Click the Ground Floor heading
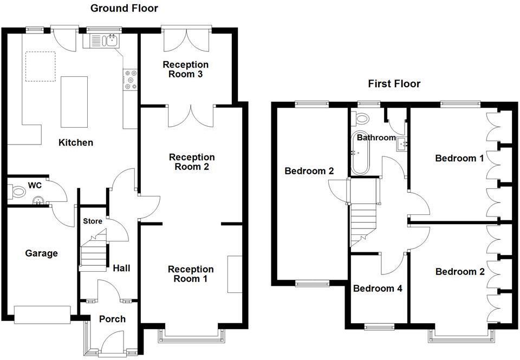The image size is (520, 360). tap(124, 8)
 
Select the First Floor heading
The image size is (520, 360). tap(394, 84)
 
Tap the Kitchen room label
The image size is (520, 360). tap(76, 143)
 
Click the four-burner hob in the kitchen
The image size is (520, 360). tap(130, 80)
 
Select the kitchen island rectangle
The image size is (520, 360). tap(73, 101)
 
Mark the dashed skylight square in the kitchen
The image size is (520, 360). tap(41, 66)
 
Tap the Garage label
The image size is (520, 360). tap(42, 253)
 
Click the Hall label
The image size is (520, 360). tap(121, 268)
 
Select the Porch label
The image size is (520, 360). tap(112, 319)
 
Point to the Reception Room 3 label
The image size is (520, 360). tap(185, 69)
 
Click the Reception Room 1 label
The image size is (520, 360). tap(191, 274)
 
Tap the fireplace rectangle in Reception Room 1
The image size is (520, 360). tap(235, 274)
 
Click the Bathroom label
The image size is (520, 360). tap(376, 138)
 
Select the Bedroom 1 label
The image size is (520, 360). tap(459, 159)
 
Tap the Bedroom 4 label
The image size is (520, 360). tap(378, 289)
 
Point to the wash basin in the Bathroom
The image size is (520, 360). tap(401, 143)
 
